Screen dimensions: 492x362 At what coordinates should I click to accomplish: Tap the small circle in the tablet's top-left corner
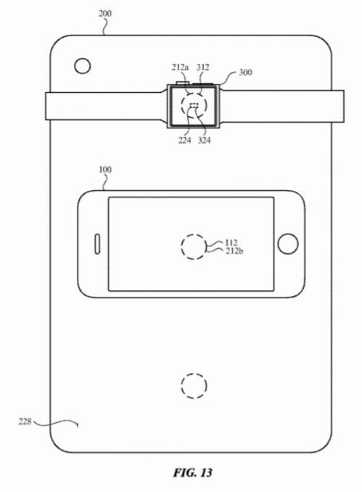pos(83,67)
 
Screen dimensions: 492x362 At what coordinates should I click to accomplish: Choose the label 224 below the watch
pos(184,140)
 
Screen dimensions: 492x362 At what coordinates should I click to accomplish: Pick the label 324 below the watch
pos(205,140)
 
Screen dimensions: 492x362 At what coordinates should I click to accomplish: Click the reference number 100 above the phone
pos(105,169)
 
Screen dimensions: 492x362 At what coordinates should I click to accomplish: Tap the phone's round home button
pos(288,244)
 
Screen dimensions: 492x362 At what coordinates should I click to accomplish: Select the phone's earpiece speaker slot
pos(95,244)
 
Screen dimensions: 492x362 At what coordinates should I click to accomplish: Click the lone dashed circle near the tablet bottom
pos(193,385)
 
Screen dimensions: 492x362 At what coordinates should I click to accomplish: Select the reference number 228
pos(25,421)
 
